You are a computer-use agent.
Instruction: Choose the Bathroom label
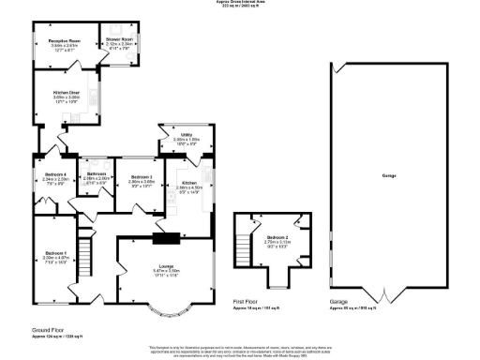(x=97, y=175)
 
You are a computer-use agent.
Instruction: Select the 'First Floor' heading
(x=247, y=302)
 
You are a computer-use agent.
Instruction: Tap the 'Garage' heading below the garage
(x=338, y=302)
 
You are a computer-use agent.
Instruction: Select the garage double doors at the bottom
(x=385, y=293)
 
